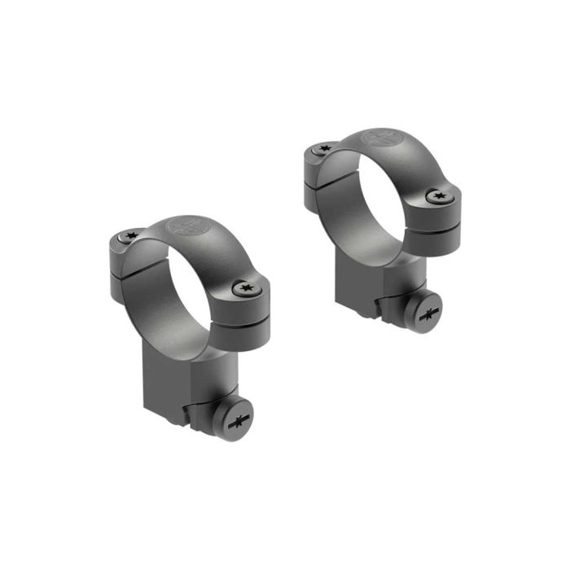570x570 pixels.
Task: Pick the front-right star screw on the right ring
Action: (438, 196)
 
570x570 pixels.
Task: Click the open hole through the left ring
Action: (184, 289)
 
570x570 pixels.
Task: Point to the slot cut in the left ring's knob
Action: (239, 420)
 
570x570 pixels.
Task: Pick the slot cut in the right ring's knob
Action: (431, 313)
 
